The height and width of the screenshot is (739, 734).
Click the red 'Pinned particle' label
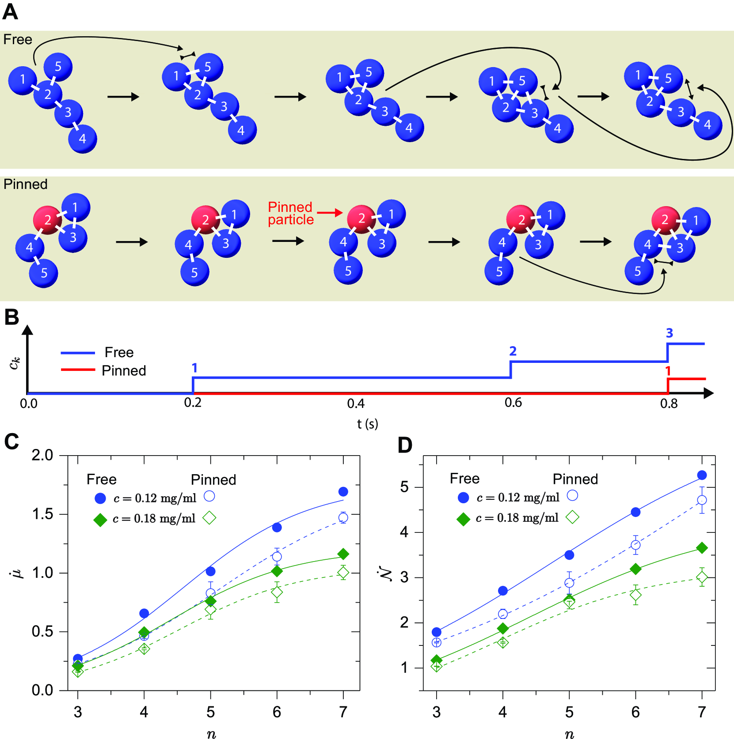pyautogui.click(x=290, y=213)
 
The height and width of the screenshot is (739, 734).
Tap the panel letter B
pyautogui.click(x=11, y=317)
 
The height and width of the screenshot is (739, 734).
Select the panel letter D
pyautogui.click(x=405, y=445)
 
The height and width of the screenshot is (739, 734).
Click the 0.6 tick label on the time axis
pyautogui.click(x=513, y=403)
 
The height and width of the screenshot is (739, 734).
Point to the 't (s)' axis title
pyautogui.click(x=367, y=424)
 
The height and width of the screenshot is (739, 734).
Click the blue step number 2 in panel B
pyautogui.click(x=513, y=351)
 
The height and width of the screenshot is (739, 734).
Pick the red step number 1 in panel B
pyautogui.click(x=668, y=371)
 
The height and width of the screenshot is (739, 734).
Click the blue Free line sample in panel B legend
pyautogui.click(x=78, y=353)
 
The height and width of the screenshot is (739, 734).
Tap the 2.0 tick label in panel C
pyautogui.click(x=42, y=455)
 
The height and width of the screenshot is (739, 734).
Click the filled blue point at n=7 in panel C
pyautogui.click(x=343, y=492)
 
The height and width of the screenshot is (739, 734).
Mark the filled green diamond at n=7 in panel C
pyautogui.click(x=343, y=554)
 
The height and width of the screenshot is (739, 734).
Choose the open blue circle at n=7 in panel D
pyautogui.click(x=702, y=500)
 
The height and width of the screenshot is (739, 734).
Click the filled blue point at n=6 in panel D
pyautogui.click(x=635, y=512)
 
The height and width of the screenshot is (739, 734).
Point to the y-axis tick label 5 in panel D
pyautogui.click(x=404, y=487)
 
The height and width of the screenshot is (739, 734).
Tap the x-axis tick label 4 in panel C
pyautogui.click(x=144, y=712)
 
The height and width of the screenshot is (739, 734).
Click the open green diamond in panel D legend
pyautogui.click(x=572, y=517)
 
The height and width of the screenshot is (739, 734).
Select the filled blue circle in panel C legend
pyautogui.click(x=100, y=498)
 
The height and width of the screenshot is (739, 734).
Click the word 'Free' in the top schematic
pyautogui.click(x=18, y=40)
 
